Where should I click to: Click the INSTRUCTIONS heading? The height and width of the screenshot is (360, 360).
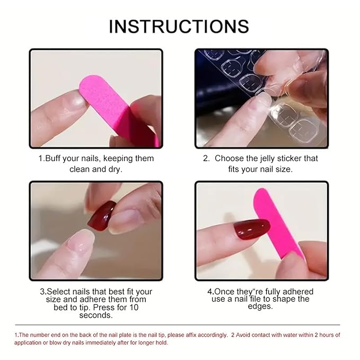(179, 27)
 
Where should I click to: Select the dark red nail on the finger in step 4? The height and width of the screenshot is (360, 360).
(252, 229)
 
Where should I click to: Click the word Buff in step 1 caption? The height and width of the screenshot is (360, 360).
(53, 159)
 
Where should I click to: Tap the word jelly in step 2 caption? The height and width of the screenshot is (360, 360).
(267, 159)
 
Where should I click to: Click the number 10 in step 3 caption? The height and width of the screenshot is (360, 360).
(134, 307)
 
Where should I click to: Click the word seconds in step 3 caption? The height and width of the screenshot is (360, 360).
(96, 315)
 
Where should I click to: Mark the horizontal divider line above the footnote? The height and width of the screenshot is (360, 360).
(178, 325)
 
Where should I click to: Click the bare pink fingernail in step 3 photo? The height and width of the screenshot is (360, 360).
(82, 241)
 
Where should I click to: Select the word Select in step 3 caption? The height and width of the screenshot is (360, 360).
(58, 292)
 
